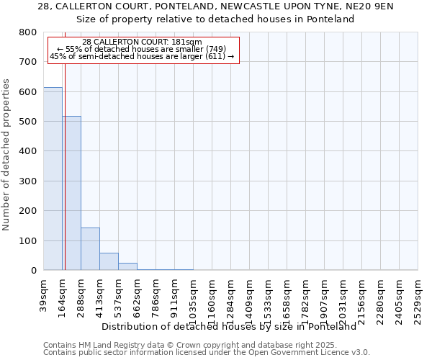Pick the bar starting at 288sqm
[90, 248]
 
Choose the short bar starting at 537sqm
[127, 266]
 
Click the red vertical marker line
[65, 158]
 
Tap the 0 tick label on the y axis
[33, 271]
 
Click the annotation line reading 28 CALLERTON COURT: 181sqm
[143, 42]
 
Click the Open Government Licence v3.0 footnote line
[207, 353]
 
